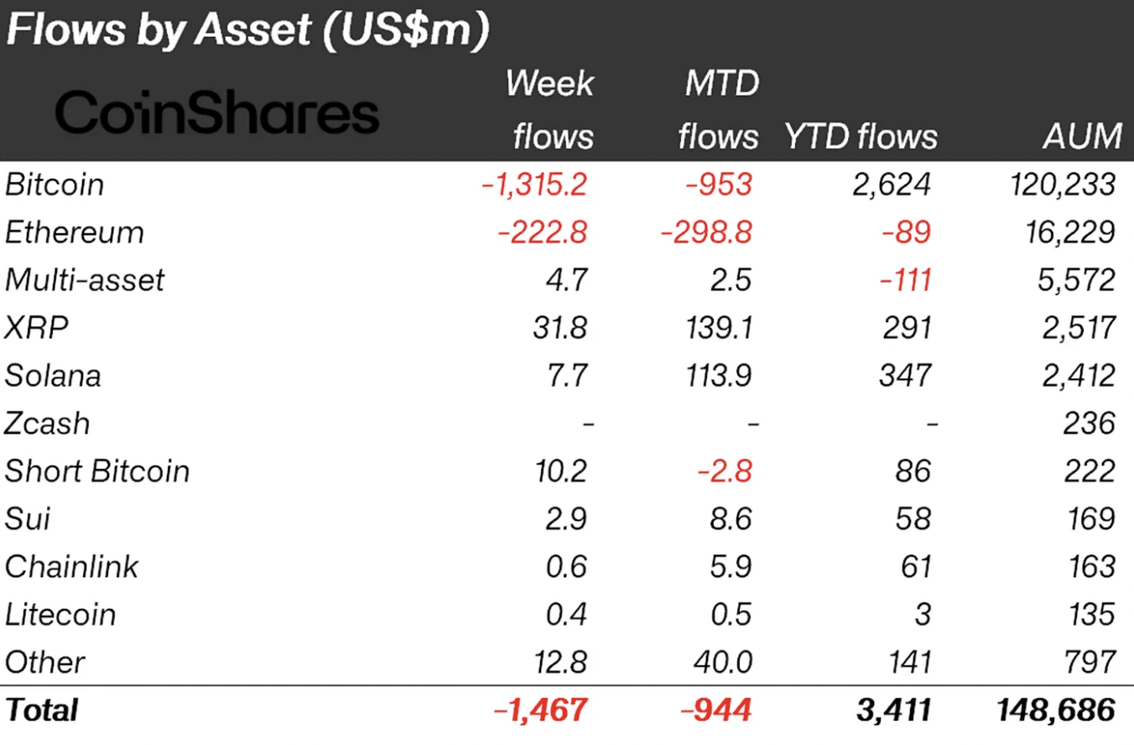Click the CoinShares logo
point(216,112)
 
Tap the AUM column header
point(1082,136)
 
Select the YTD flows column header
point(861,136)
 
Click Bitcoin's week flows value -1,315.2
point(534,185)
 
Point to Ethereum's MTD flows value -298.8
point(706,232)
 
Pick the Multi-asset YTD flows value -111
point(905,280)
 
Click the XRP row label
point(36,328)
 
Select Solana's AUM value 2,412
point(1079,376)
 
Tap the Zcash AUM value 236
point(1089,424)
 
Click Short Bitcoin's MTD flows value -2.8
point(725,471)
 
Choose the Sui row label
point(28,518)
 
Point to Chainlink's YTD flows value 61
point(916,567)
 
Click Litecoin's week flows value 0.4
point(566,614)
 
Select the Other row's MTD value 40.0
point(723,662)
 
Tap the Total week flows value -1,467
point(540,710)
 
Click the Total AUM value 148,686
point(1056,710)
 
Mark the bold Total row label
point(41,710)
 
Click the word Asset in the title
point(253,29)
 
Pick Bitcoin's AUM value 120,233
point(1063,185)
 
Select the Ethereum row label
point(75,232)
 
